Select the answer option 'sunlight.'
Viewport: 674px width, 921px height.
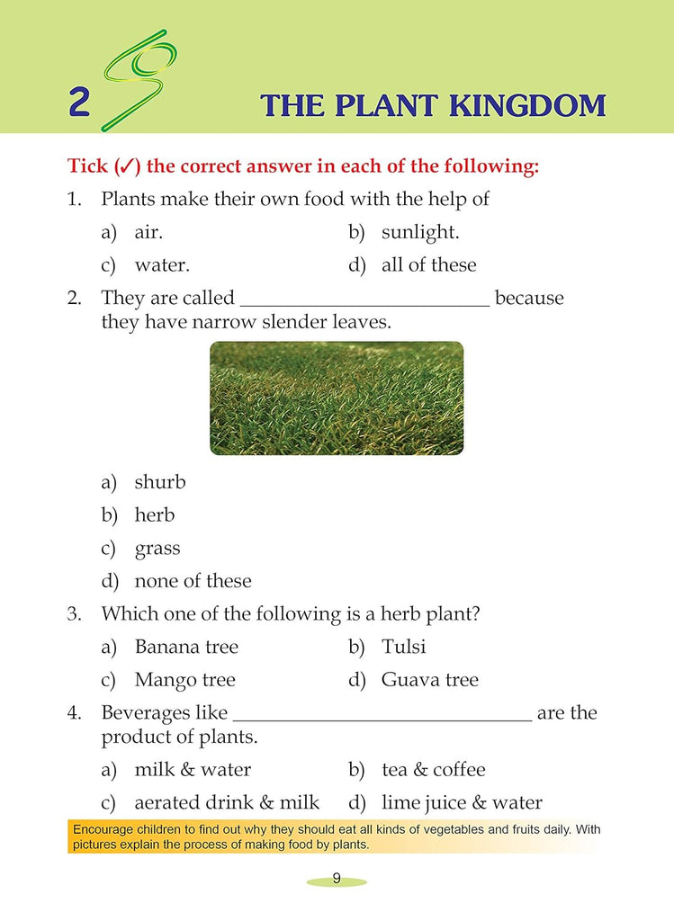[419, 232]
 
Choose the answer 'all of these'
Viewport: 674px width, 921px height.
[428, 265]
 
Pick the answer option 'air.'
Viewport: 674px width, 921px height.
[148, 232]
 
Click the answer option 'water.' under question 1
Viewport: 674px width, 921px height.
[162, 265]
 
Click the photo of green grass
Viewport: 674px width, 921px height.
[337, 398]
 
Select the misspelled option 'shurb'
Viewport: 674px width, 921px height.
[159, 482]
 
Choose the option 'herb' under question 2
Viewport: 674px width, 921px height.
[154, 515]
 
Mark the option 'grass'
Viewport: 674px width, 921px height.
[157, 549]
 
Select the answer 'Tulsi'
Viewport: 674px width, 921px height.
[403, 647]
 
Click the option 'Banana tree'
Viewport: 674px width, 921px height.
[186, 647]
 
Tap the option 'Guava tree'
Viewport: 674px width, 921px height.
[429, 680]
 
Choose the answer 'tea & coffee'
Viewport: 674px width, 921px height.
[433, 769]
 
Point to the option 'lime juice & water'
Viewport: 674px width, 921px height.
[461, 802]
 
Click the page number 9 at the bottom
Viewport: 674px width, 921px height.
[336, 879]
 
